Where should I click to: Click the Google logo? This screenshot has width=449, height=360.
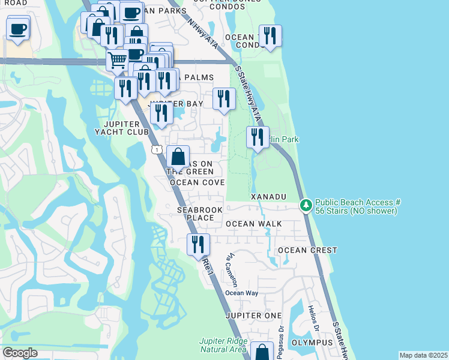[20, 353]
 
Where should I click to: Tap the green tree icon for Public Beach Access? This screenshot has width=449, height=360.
[306, 206]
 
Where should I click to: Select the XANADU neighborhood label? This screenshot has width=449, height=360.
[268, 197]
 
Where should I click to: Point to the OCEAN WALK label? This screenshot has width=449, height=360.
[253, 224]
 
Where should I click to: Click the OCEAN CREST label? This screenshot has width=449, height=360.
[307, 250]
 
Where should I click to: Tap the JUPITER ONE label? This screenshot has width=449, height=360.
[253, 316]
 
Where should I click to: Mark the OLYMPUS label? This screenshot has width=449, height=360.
[312, 342]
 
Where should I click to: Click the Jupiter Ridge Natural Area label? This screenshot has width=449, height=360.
[223, 346]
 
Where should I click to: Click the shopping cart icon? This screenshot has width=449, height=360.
[117, 59]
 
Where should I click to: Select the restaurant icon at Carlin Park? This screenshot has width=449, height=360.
[258, 137]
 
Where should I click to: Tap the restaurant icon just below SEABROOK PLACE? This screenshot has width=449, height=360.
[198, 244]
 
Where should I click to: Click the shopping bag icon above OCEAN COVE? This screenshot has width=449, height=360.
[178, 157]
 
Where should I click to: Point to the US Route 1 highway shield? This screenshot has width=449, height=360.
[156, 149]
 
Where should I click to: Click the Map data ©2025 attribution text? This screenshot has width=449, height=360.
[423, 355]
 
